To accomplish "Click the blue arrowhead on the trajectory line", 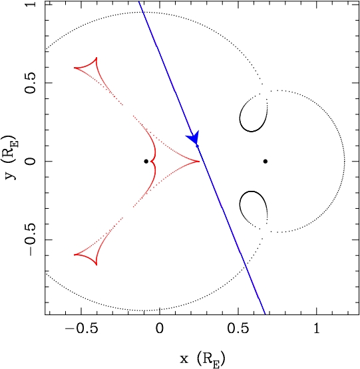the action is point(194,137).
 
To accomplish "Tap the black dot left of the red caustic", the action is point(146,162).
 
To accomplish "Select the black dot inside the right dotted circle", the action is point(266,162).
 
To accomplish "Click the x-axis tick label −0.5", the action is point(81,329).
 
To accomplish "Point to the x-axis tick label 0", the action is point(160,329).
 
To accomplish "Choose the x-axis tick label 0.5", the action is point(238,329).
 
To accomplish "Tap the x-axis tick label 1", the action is point(317,329).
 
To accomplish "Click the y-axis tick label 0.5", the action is point(31,83).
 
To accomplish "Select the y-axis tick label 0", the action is point(31,162).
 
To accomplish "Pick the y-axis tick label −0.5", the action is point(31,240).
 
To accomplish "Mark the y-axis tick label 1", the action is point(31,4).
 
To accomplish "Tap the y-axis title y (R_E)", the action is point(11,158).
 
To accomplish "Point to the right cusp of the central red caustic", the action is point(200,162).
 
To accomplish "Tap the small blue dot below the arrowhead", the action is point(198,146).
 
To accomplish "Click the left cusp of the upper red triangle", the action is point(75,68).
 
